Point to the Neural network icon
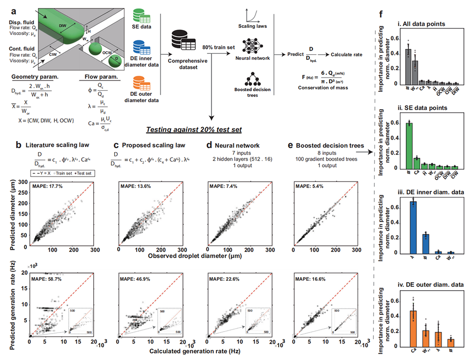(x=252, y=46)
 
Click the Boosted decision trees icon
(x=252, y=80)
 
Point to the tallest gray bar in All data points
(x=408, y=66)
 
